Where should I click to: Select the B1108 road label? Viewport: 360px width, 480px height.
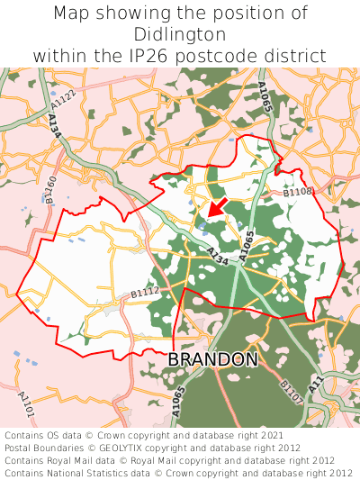point(297,192)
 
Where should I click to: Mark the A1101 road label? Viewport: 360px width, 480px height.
point(25,403)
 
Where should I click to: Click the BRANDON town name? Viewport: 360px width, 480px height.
point(213,359)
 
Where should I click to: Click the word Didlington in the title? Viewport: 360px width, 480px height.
point(180,34)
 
